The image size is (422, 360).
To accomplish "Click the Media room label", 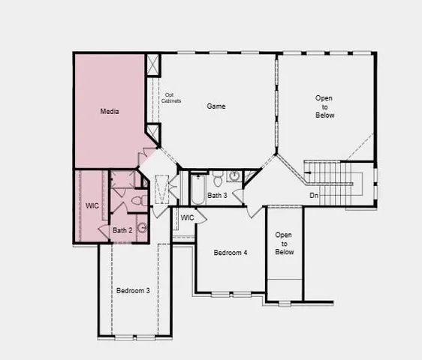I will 110,112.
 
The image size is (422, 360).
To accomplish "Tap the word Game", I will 216,106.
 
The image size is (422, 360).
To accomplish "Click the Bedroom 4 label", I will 231,253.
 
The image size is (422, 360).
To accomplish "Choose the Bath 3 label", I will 217,196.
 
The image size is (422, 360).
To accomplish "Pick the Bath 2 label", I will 122,230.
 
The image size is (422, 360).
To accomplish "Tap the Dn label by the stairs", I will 314,196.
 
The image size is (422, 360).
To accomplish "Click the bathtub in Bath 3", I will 197,188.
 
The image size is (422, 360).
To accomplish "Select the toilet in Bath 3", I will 217,178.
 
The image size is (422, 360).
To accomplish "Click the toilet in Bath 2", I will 137,201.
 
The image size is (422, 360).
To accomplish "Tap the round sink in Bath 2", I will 141,228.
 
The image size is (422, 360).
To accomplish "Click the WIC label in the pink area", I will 92,205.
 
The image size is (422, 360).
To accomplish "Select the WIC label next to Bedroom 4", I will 187,217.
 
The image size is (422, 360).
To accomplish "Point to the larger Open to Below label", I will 324,106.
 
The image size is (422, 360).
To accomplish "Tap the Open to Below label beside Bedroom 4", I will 284,243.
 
